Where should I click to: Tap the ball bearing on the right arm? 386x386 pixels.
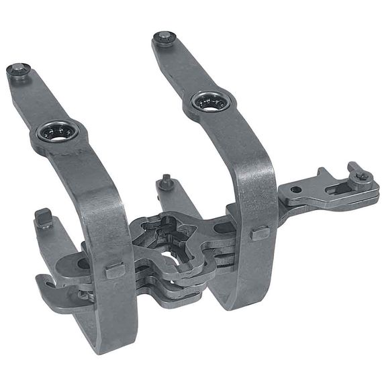tap(211, 103)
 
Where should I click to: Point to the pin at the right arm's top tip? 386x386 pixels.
tap(163, 38)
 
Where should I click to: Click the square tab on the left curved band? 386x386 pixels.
tap(115, 271)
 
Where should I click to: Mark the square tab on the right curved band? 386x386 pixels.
tap(260, 234)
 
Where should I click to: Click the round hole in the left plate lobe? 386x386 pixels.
tap(83, 264)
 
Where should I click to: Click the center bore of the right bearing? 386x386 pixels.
tap(211, 103)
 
